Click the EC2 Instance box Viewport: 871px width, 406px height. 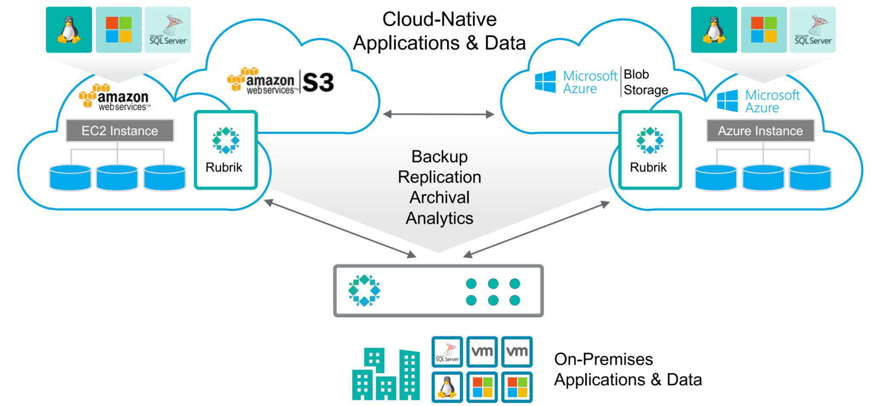coord(120,130)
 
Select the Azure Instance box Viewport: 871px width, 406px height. coord(761,130)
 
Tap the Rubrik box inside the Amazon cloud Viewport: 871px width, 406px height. coord(226,150)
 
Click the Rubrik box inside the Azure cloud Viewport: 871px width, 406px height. coord(650,150)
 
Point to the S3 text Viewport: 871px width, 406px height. coord(318,82)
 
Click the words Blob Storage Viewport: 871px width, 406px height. coord(645,82)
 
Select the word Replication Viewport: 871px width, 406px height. coord(439,177)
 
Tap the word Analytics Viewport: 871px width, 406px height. coord(439,218)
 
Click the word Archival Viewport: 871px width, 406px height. coord(439,197)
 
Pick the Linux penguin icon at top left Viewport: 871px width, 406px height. coord(69,30)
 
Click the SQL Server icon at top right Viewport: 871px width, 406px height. coord(813,30)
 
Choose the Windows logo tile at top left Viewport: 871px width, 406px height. coord(119,30)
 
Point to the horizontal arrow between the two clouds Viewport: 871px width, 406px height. coord(438,114)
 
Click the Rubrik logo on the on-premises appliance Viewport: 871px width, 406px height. coord(364,290)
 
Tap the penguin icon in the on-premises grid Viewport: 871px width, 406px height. coord(447,387)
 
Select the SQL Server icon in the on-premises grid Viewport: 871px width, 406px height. coord(447,352)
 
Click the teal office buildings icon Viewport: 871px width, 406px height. coord(386,374)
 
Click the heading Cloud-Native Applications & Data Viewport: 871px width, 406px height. coord(439,31)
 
